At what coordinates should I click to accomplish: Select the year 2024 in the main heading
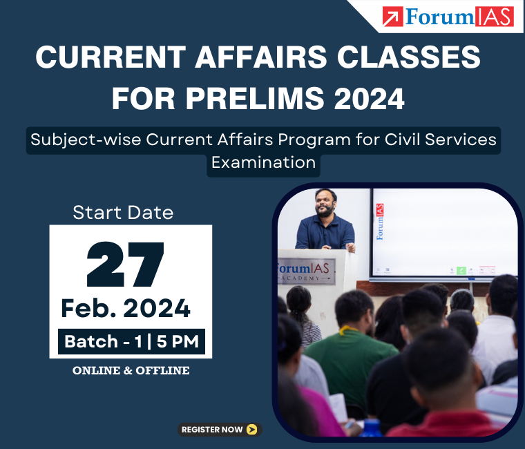pyautogui.click(x=370, y=99)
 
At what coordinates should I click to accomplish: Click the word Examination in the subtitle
pyautogui.click(x=263, y=163)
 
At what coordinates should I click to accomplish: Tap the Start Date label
pyautogui.click(x=123, y=212)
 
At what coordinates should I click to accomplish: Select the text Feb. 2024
pyautogui.click(x=126, y=308)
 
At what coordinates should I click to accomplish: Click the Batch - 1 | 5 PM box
pyautogui.click(x=131, y=341)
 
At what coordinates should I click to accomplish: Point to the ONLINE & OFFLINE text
pyautogui.click(x=131, y=371)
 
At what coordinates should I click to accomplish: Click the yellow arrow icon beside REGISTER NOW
pyautogui.click(x=252, y=430)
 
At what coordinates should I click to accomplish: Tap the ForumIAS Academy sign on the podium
pyautogui.click(x=305, y=271)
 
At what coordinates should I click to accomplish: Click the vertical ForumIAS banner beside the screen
pyautogui.click(x=380, y=222)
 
